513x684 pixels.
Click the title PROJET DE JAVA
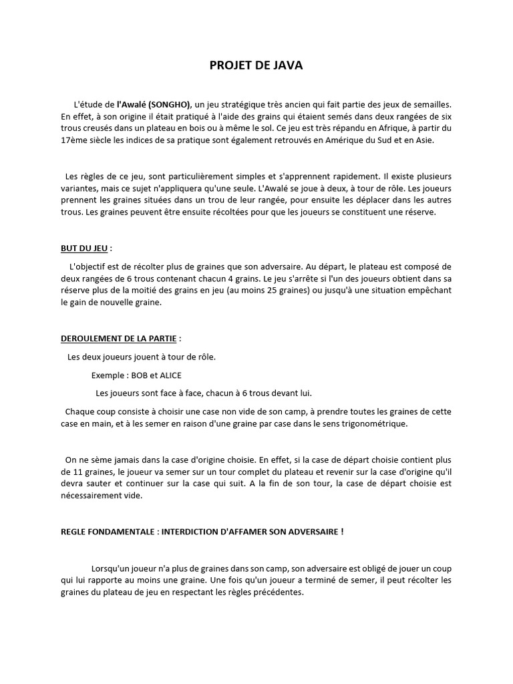[x=256, y=65]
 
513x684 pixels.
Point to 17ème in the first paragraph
[x=72, y=140]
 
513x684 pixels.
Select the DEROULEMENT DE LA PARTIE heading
[x=119, y=339]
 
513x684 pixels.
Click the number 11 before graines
[x=65, y=472]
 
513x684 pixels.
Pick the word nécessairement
[x=92, y=496]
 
